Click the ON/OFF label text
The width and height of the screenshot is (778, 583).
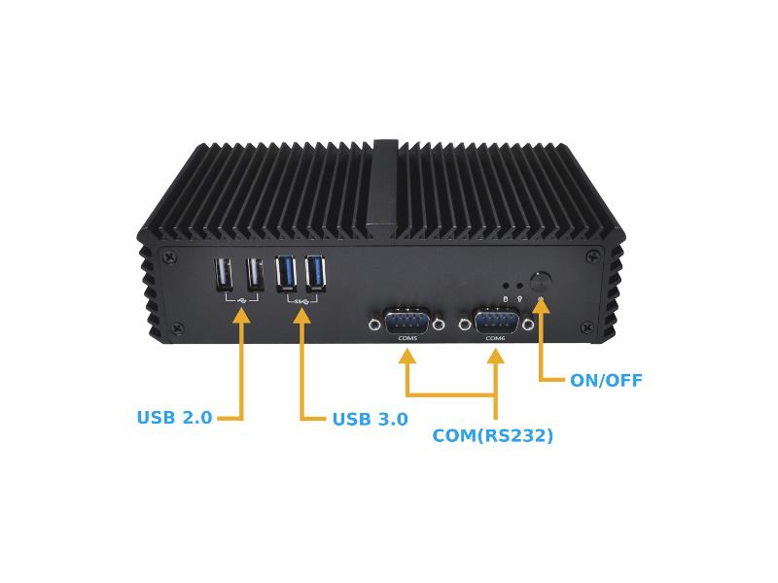click(x=606, y=380)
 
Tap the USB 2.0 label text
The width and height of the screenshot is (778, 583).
click(x=175, y=418)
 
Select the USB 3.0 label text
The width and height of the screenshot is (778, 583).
click(x=371, y=419)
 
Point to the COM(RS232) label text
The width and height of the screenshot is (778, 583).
click(x=493, y=435)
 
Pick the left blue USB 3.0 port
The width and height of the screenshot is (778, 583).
click(x=286, y=273)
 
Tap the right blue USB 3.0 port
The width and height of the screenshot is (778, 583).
click(x=316, y=273)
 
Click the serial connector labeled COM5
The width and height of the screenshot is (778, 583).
click(x=407, y=323)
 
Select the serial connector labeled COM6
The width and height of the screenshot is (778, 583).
click(x=497, y=323)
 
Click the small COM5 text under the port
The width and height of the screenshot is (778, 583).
click(x=407, y=338)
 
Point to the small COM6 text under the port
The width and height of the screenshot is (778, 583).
click(x=495, y=338)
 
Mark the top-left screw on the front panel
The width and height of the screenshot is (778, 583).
click(x=171, y=257)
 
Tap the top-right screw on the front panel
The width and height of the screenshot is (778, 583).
click(x=592, y=257)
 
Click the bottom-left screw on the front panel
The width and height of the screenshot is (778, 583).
click(x=179, y=327)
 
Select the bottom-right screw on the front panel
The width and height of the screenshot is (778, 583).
click(x=587, y=327)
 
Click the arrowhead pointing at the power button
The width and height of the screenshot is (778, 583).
click(x=542, y=305)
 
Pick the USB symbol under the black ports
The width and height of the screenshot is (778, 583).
click(x=242, y=300)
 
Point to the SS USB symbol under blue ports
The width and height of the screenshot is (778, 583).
click(x=301, y=301)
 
